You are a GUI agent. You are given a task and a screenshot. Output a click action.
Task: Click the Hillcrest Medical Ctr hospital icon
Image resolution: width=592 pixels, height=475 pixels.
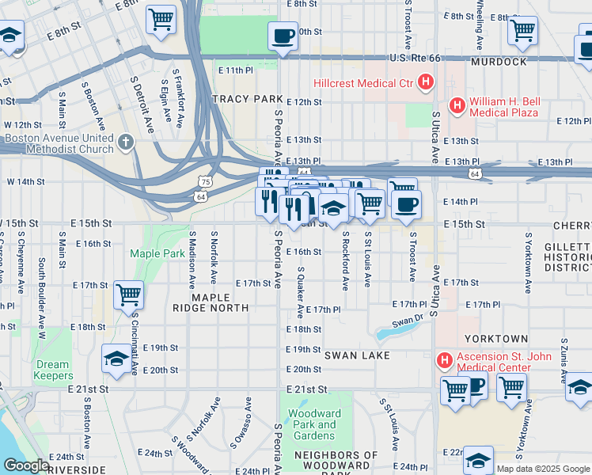pyautogui.click(x=427, y=82)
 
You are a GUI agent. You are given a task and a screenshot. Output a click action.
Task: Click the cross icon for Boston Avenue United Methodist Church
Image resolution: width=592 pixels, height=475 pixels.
pyautogui.click(x=124, y=142)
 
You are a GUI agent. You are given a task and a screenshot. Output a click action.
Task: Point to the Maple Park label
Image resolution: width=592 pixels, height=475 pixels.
pyautogui.click(x=157, y=254)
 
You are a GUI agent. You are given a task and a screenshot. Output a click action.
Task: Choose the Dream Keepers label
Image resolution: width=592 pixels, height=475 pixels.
pyautogui.click(x=53, y=370)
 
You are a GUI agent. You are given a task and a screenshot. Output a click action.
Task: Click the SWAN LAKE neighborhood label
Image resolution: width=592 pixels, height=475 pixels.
pyautogui.click(x=357, y=355)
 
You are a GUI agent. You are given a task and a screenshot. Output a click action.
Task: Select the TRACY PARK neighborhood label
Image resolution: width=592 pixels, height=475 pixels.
pyautogui.click(x=248, y=99)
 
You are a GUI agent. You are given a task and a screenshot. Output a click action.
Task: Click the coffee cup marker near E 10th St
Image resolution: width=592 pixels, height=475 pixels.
pyautogui.click(x=283, y=35)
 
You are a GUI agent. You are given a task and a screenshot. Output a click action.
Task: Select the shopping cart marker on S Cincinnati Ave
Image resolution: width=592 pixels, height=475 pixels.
pyautogui.click(x=128, y=294)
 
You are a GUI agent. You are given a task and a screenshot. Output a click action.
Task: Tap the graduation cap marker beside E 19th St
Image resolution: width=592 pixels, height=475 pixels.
pyautogui.click(x=116, y=358)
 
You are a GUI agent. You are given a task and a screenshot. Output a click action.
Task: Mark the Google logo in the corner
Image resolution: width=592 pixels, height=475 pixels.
pyautogui.click(x=26, y=466)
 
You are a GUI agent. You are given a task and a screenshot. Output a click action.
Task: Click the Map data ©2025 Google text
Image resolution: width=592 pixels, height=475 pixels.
pyautogui.click(x=543, y=469)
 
